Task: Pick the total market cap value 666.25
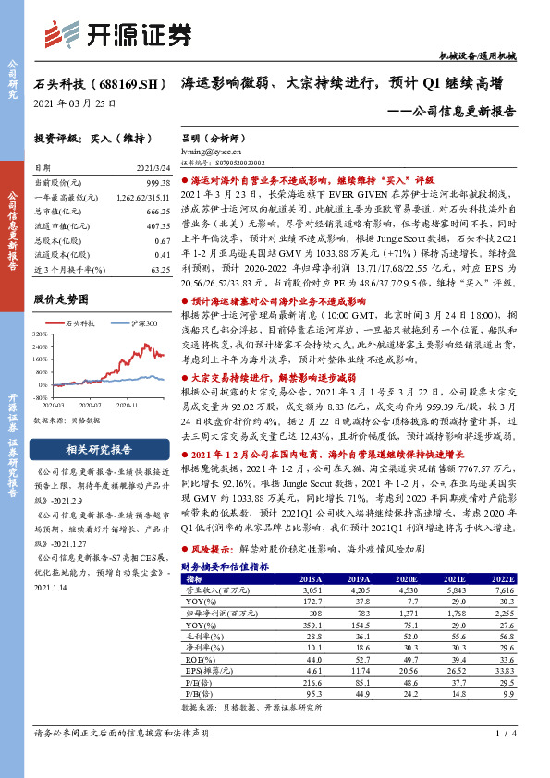tap(159, 213)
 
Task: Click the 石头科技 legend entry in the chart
tap(80, 323)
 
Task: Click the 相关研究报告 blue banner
tap(98, 451)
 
